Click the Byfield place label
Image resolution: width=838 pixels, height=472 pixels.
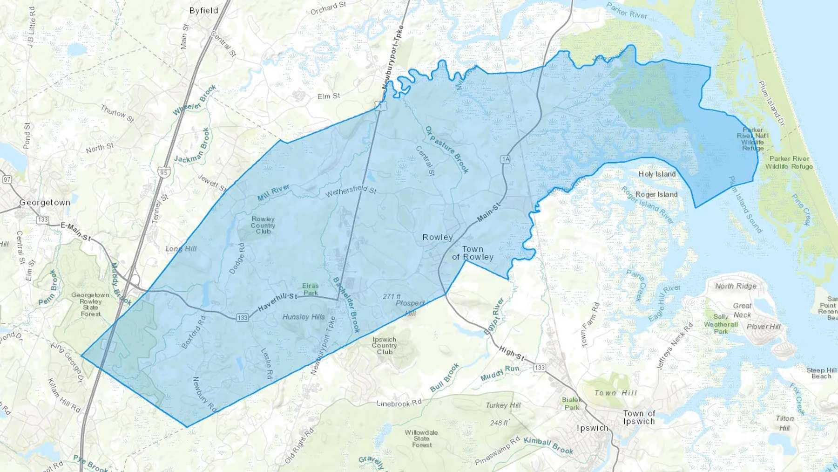click(203, 10)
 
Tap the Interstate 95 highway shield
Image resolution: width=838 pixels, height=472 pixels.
click(163, 172)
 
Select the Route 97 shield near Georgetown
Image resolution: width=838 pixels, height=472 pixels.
click(7, 179)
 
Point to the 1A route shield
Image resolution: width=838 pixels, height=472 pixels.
click(506, 159)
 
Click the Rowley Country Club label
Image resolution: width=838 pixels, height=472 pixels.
click(263, 225)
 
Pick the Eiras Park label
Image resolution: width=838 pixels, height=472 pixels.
click(311, 289)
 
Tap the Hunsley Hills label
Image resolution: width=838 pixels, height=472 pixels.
click(304, 317)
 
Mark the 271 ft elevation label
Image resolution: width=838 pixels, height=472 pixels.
click(392, 296)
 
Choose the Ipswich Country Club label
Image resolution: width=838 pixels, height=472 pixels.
click(385, 346)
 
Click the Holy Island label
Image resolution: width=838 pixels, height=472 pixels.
click(657, 174)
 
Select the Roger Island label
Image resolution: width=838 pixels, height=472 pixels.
click(656, 194)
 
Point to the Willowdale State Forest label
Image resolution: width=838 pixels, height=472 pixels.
click(421, 438)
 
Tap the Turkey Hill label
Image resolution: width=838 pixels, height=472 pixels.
click(503, 405)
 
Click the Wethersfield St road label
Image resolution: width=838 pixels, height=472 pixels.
click(351, 191)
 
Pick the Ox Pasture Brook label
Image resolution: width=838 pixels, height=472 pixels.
click(447, 150)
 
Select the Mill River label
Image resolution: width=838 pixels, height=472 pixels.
click(274, 192)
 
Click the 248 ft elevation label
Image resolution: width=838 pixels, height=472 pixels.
click(500, 423)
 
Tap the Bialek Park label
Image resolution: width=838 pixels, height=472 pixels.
click(572, 404)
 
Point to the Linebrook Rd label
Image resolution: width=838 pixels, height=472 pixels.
click(399, 403)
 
